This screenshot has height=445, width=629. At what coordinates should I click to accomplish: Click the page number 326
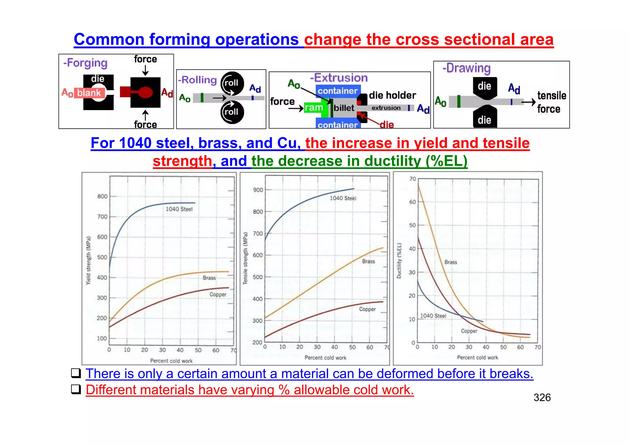(542, 398)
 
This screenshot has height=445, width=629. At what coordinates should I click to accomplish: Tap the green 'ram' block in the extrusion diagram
(314, 108)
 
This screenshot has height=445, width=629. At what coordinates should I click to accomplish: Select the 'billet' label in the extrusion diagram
(344, 108)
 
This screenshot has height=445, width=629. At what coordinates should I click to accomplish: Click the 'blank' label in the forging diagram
(89, 93)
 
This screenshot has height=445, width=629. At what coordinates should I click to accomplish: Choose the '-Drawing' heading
(467, 68)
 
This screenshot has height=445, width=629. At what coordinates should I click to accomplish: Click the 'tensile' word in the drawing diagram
(552, 96)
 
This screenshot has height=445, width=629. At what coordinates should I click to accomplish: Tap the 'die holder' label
(393, 95)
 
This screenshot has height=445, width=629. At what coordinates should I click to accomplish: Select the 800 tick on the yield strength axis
(102, 196)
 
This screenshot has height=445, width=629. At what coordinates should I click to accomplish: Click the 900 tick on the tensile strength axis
(258, 190)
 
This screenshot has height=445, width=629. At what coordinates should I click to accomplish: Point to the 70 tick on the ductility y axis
(413, 179)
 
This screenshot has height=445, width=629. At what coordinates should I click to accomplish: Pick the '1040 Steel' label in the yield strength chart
(179, 209)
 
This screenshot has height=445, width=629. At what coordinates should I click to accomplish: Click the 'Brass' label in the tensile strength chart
(369, 262)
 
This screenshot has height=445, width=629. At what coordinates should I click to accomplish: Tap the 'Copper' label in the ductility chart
(469, 331)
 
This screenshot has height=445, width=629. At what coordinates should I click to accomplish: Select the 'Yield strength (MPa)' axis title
(88, 260)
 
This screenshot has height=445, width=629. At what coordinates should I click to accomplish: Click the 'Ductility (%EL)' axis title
(399, 261)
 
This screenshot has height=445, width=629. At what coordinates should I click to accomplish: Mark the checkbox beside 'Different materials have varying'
(76, 389)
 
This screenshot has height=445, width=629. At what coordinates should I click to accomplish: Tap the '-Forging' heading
(85, 63)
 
